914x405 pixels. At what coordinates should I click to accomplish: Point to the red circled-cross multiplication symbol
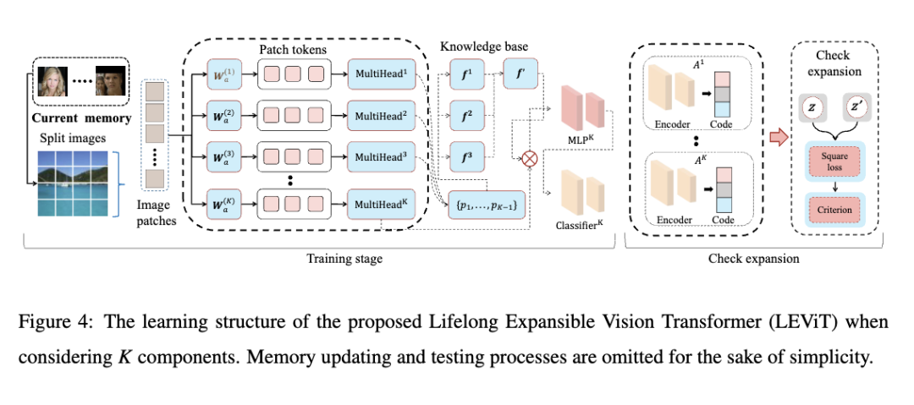tap(531, 157)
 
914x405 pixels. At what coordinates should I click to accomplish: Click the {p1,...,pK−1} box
tap(486, 205)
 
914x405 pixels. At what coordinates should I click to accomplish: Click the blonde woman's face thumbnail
tap(56, 82)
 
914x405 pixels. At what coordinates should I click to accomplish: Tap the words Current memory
tap(81, 118)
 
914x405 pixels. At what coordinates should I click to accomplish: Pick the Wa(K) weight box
tap(223, 204)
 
